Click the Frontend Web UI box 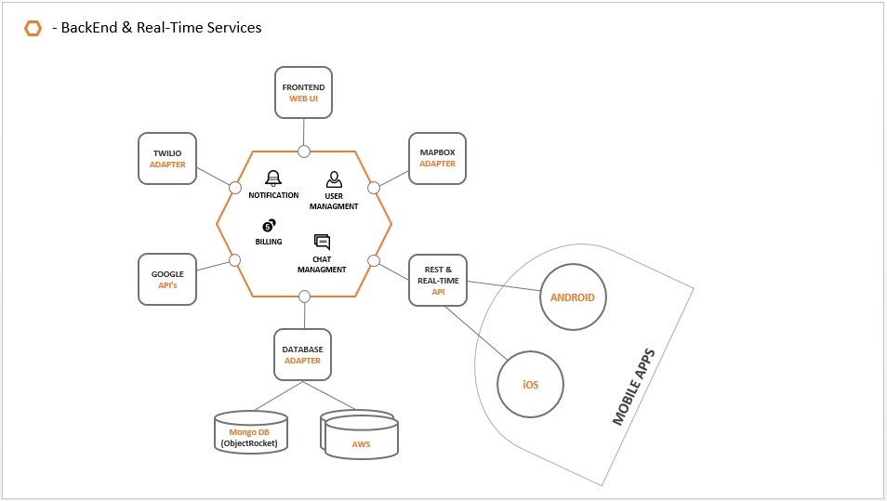(x=303, y=93)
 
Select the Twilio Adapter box (x=167, y=158)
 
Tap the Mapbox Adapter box (x=437, y=158)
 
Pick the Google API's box (x=167, y=279)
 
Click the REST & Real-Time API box (x=438, y=280)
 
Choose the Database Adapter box (x=302, y=354)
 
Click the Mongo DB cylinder (x=251, y=432)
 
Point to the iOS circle (x=531, y=384)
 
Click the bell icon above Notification (x=272, y=178)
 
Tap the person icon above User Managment (x=334, y=179)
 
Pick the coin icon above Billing (x=269, y=226)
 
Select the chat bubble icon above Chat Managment (x=322, y=243)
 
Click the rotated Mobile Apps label (x=634, y=387)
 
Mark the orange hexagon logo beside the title (x=33, y=28)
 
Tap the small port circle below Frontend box (x=303, y=152)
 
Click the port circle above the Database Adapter (x=303, y=297)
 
